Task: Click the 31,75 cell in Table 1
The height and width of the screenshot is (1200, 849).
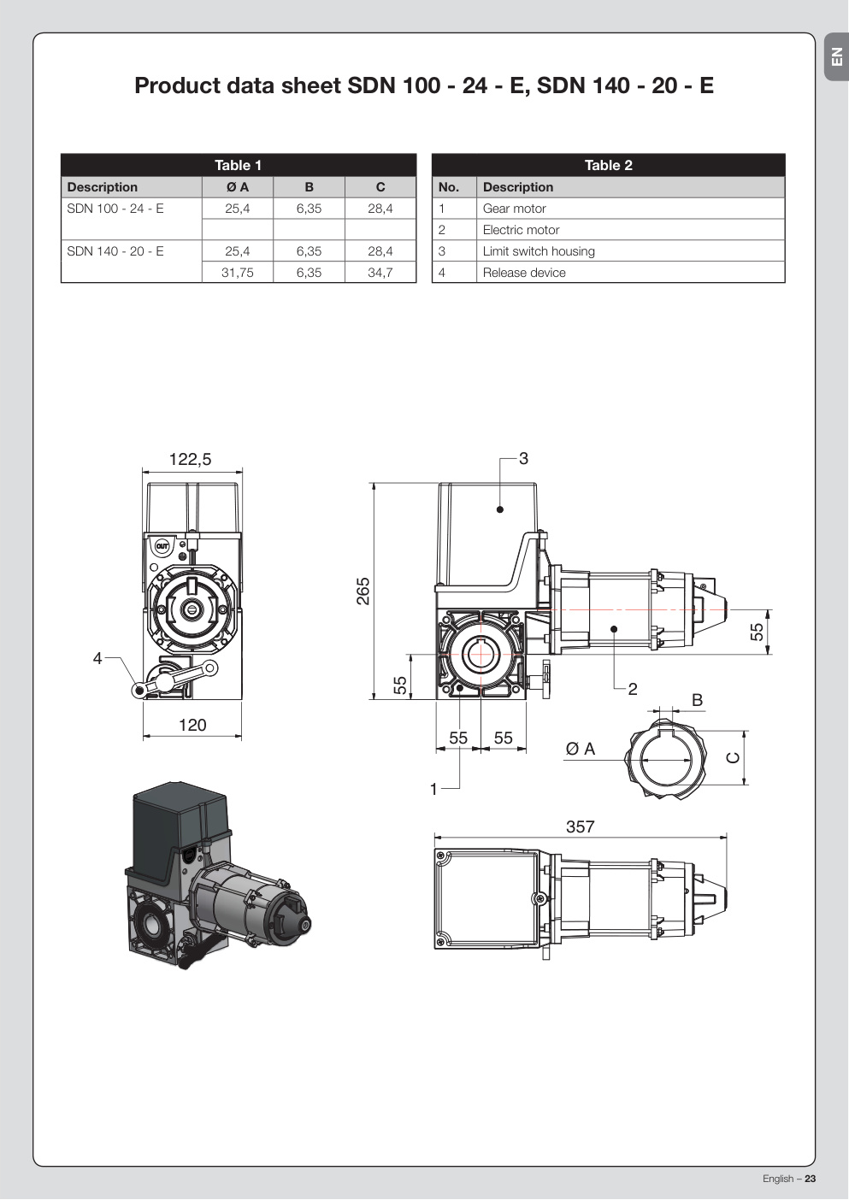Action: pyautogui.click(x=238, y=273)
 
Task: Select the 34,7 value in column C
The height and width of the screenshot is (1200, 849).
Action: pyautogui.click(x=380, y=273)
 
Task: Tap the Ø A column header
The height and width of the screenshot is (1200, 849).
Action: pyautogui.click(x=238, y=187)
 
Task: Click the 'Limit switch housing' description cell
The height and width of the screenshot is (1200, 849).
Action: pyautogui.click(x=539, y=251)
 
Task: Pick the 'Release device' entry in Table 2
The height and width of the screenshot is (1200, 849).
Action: pyautogui.click(x=524, y=273)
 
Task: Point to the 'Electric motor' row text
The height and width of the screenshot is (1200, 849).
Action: pyautogui.click(x=521, y=230)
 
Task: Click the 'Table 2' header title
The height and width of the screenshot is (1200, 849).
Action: pyautogui.click(x=609, y=165)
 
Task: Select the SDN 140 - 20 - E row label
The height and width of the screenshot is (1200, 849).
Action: pyautogui.click(x=115, y=251)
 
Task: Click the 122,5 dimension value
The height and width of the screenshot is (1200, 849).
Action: pyautogui.click(x=191, y=459)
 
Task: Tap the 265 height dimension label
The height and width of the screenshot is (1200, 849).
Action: pyautogui.click(x=363, y=591)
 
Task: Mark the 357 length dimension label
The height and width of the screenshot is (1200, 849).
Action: pyautogui.click(x=581, y=826)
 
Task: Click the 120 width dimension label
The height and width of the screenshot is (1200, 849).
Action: pyautogui.click(x=192, y=725)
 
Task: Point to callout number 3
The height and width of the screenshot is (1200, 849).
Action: pyautogui.click(x=523, y=459)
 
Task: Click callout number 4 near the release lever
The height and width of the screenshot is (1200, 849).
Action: pyautogui.click(x=97, y=658)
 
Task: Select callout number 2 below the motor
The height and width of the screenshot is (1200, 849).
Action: pyautogui.click(x=633, y=689)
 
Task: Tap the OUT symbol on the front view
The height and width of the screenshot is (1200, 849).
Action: pyautogui.click(x=162, y=546)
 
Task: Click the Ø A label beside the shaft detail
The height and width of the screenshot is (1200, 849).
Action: pyautogui.click(x=581, y=749)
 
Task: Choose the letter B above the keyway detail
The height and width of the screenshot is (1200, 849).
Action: pyautogui.click(x=698, y=700)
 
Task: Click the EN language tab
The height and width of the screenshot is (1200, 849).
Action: pyautogui.click(x=837, y=56)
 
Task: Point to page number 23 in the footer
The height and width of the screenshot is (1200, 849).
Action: pyautogui.click(x=811, y=1179)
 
